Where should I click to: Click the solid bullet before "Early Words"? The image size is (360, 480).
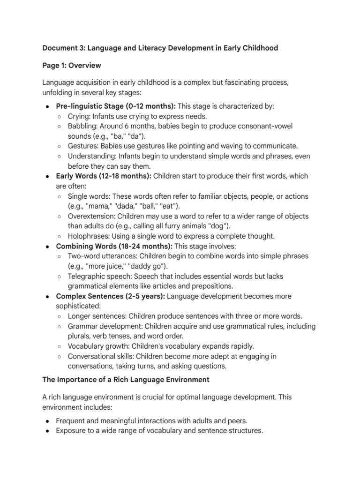(48, 176)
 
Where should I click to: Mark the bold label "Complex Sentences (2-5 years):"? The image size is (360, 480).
(110, 296)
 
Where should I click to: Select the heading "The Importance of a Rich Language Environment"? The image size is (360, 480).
(126, 379)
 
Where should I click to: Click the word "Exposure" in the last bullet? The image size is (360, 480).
(71, 430)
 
